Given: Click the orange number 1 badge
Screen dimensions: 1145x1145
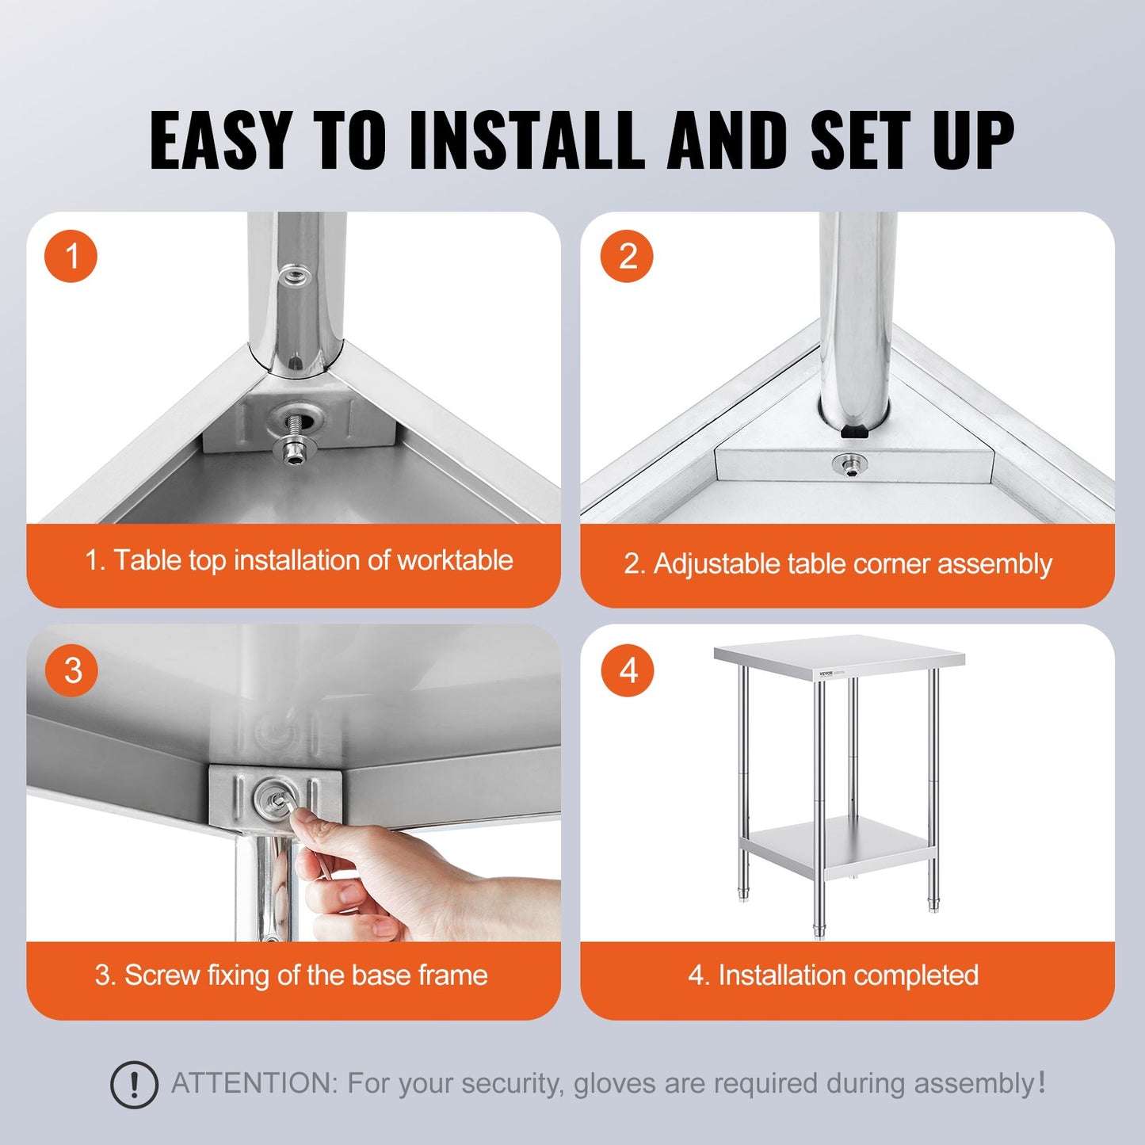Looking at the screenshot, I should (x=71, y=257).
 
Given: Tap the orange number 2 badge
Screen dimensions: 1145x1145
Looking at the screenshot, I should (x=627, y=257).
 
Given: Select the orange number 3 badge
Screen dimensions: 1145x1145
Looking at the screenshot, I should (x=71, y=670).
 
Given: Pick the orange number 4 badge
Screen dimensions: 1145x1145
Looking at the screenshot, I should (x=627, y=670).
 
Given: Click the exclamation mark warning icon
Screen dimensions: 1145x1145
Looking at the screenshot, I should (x=134, y=1084).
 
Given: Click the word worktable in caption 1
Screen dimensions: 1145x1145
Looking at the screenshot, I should (x=455, y=560).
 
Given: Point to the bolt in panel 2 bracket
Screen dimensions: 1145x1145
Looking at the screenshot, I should (x=849, y=464).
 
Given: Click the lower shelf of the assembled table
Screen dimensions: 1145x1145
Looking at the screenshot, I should (x=836, y=843).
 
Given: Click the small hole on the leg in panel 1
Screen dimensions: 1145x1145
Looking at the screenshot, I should (x=294, y=275).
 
